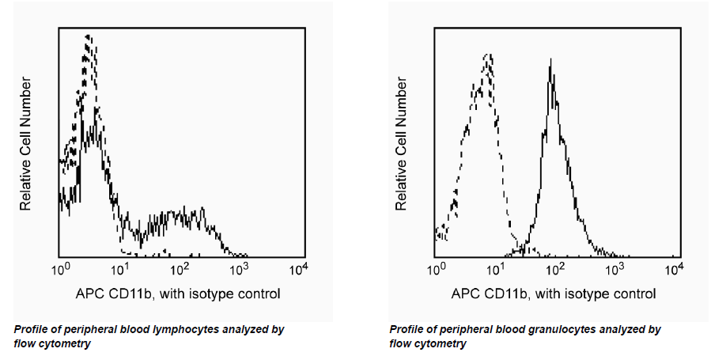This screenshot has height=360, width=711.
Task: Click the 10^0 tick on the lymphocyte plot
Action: point(61,269)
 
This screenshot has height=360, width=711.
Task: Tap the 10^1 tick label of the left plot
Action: point(121,269)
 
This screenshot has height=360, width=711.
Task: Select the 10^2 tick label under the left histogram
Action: point(181,269)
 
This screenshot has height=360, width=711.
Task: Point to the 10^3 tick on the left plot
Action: point(240,269)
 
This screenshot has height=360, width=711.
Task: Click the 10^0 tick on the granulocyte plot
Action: point(437,269)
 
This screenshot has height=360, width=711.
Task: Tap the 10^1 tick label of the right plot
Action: point(497,269)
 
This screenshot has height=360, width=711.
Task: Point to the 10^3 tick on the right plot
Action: point(615,269)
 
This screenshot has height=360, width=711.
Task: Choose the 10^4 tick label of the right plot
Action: point(674,269)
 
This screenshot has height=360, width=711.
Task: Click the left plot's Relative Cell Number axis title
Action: point(26,142)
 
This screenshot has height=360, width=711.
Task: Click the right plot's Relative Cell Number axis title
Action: point(402,142)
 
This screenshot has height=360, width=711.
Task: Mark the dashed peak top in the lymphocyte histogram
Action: point(88,36)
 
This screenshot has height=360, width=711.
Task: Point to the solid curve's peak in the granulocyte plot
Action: point(552,61)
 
